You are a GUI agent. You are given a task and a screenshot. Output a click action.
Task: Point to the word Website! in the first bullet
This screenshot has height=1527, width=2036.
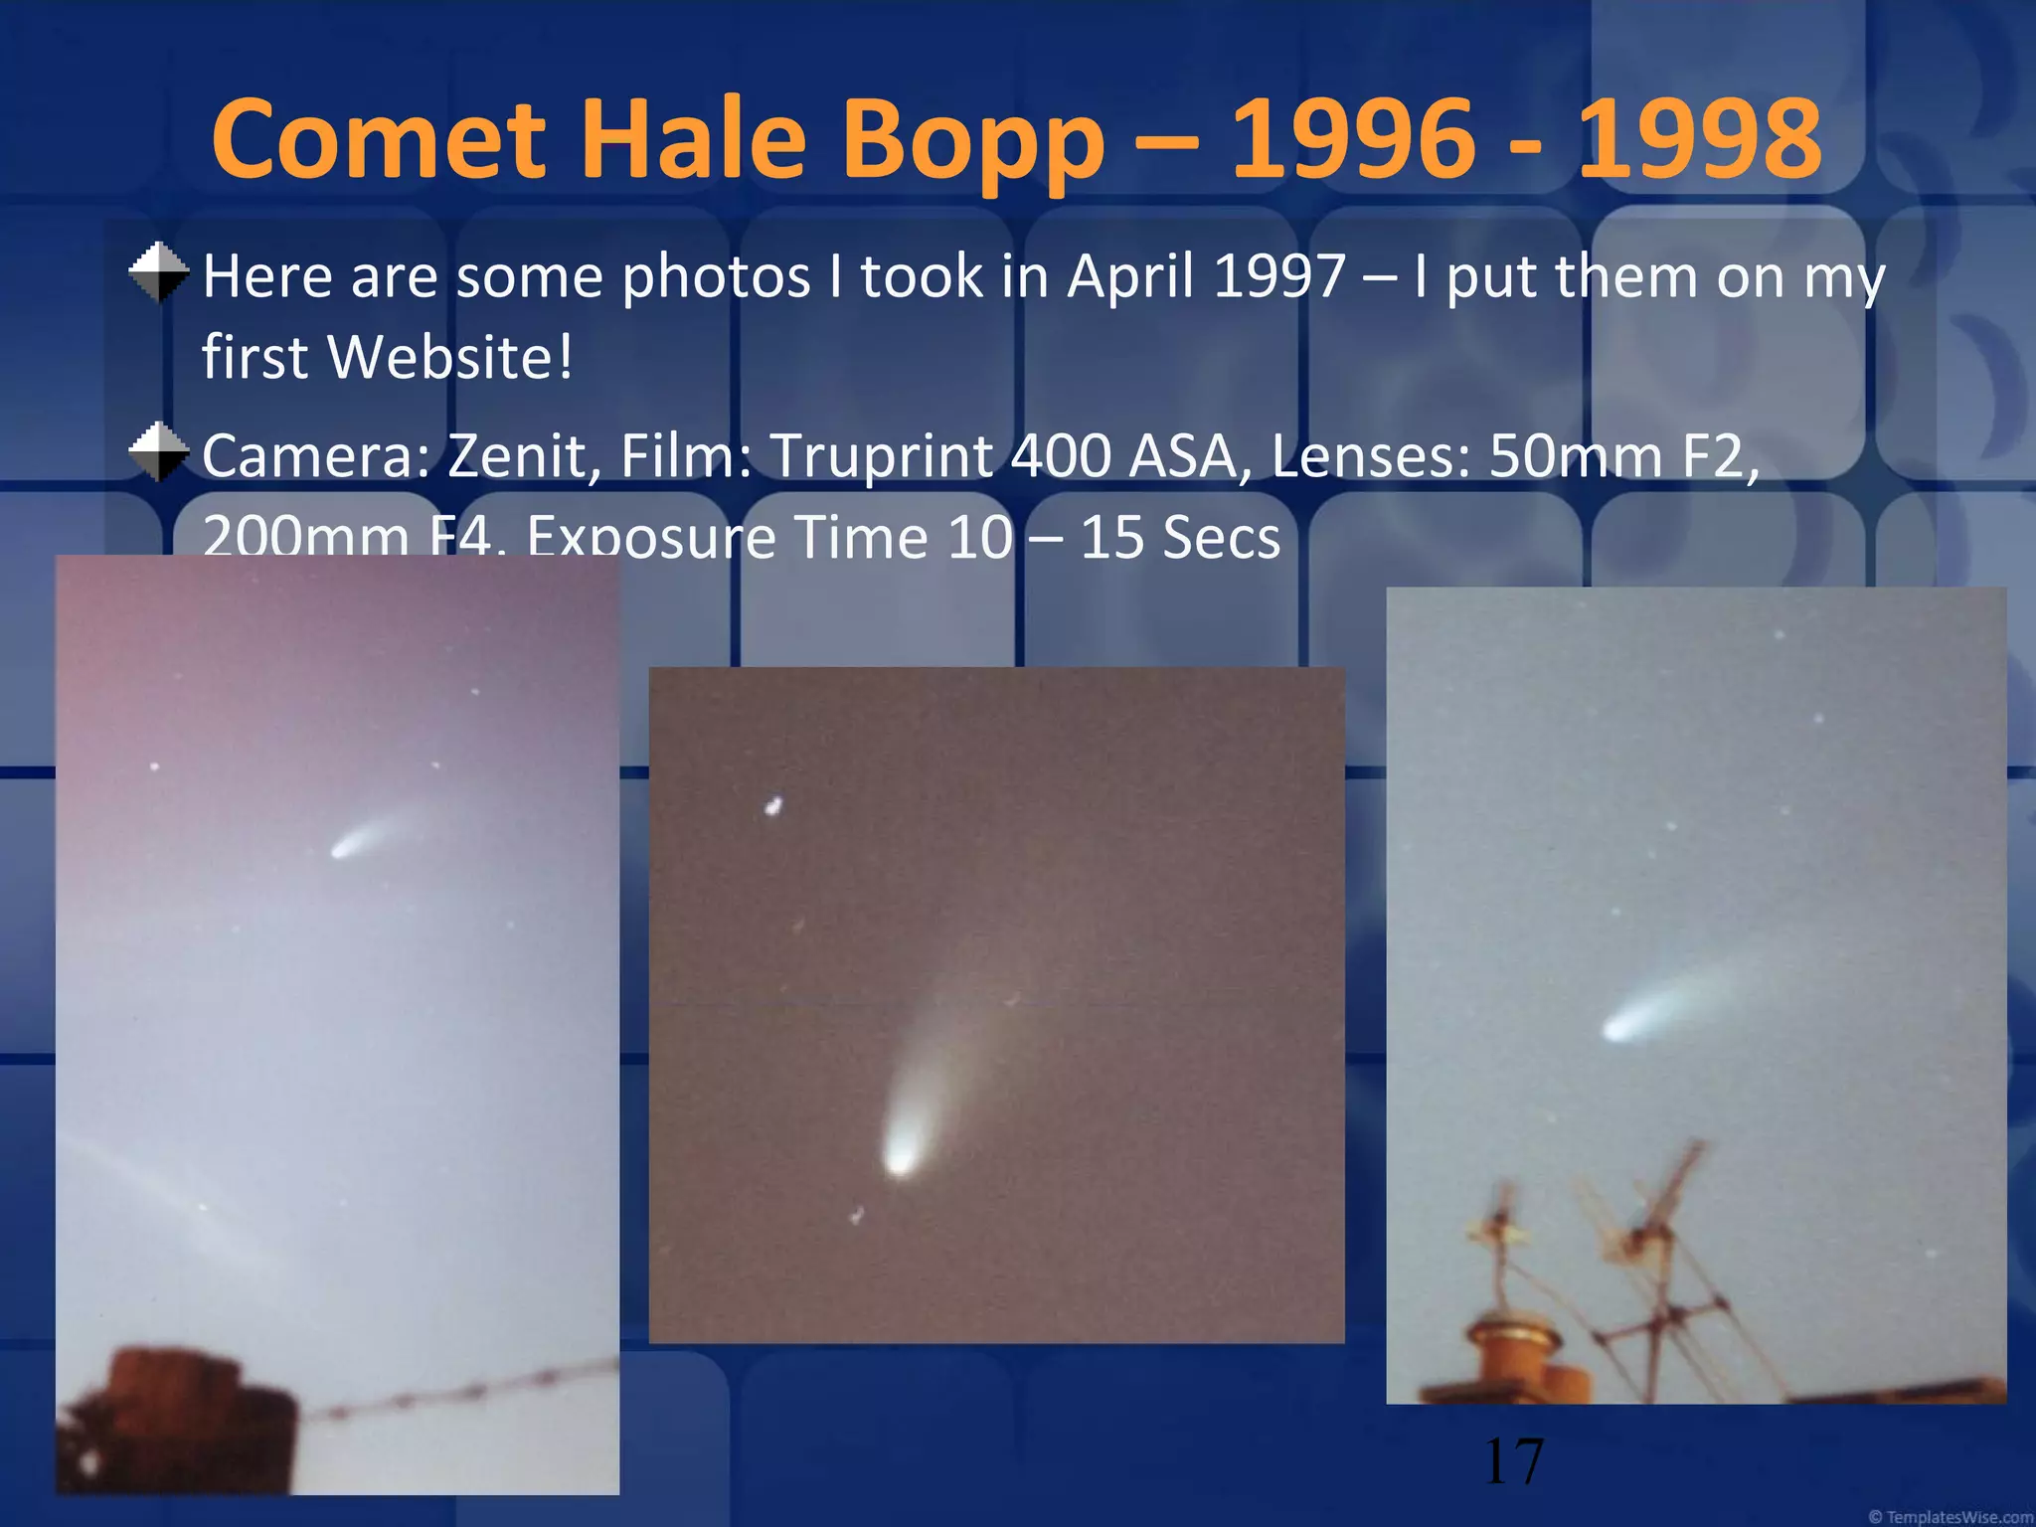click(x=450, y=356)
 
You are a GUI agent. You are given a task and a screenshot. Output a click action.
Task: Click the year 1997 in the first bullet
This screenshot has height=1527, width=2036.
click(x=1279, y=276)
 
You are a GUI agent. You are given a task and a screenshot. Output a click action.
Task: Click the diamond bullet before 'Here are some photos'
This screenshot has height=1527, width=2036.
click(x=159, y=272)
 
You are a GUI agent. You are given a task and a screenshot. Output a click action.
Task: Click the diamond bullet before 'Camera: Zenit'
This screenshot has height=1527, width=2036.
click(x=159, y=452)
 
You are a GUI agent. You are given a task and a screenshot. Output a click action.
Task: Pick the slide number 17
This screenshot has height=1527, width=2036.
click(x=1513, y=1461)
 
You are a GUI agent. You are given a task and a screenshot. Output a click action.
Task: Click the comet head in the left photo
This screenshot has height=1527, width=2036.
click(x=342, y=850)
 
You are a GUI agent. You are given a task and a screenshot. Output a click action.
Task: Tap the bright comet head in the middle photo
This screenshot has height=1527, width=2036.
click(x=900, y=1158)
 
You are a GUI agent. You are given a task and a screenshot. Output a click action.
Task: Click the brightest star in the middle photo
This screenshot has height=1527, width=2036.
click(x=772, y=805)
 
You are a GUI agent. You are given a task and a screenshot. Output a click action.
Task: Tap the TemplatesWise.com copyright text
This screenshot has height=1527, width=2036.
click(x=1951, y=1517)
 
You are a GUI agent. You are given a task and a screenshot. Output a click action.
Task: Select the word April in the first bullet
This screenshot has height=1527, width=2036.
click(x=1129, y=276)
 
